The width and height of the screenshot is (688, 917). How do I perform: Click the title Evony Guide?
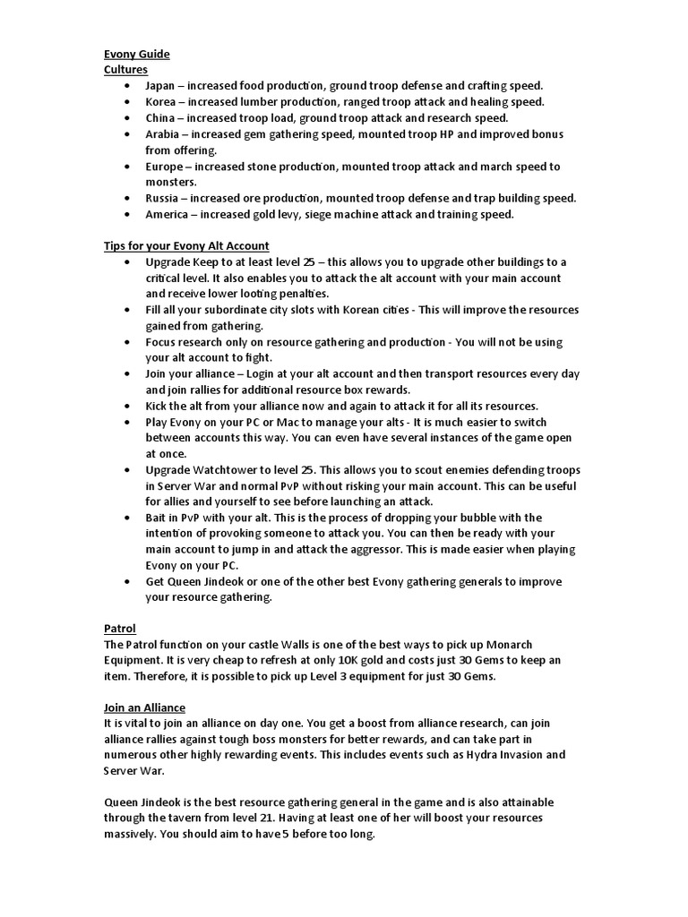(x=136, y=54)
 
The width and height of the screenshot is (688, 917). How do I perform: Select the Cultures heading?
(x=125, y=69)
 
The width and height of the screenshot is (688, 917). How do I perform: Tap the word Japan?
(x=160, y=85)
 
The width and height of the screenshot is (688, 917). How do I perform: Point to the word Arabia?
(x=162, y=134)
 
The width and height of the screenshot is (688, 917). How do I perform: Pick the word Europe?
(x=164, y=167)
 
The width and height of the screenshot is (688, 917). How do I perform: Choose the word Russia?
(x=161, y=198)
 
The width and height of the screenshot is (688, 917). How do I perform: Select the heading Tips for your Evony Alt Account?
(x=186, y=245)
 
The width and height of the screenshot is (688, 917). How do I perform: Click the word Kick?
(x=157, y=406)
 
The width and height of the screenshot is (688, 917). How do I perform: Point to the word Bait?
(x=157, y=518)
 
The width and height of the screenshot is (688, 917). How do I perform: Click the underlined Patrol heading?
(x=119, y=630)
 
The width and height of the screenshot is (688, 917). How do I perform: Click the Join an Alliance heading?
(x=144, y=707)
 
